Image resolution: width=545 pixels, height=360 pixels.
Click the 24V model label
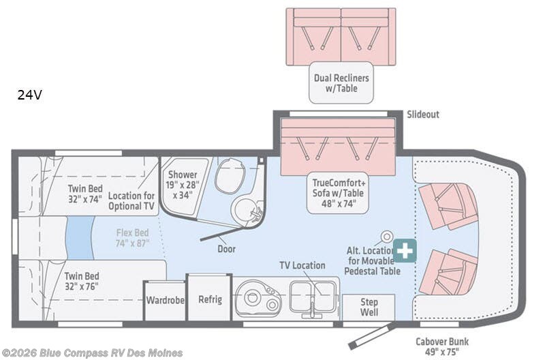30,95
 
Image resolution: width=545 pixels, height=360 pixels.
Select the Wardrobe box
164,299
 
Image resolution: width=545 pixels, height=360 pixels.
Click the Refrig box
209,299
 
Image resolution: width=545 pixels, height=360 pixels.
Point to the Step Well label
369,307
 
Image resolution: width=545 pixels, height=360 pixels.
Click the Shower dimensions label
183,184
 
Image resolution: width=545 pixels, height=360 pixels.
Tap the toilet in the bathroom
225,179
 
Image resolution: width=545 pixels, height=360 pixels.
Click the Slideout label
423,115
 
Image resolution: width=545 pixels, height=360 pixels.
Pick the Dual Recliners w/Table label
341,83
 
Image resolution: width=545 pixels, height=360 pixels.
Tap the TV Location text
302,265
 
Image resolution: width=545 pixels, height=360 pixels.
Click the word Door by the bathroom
226,249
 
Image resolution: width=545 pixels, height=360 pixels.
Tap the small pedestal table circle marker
387,236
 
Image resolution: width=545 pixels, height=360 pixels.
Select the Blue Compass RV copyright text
92,352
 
